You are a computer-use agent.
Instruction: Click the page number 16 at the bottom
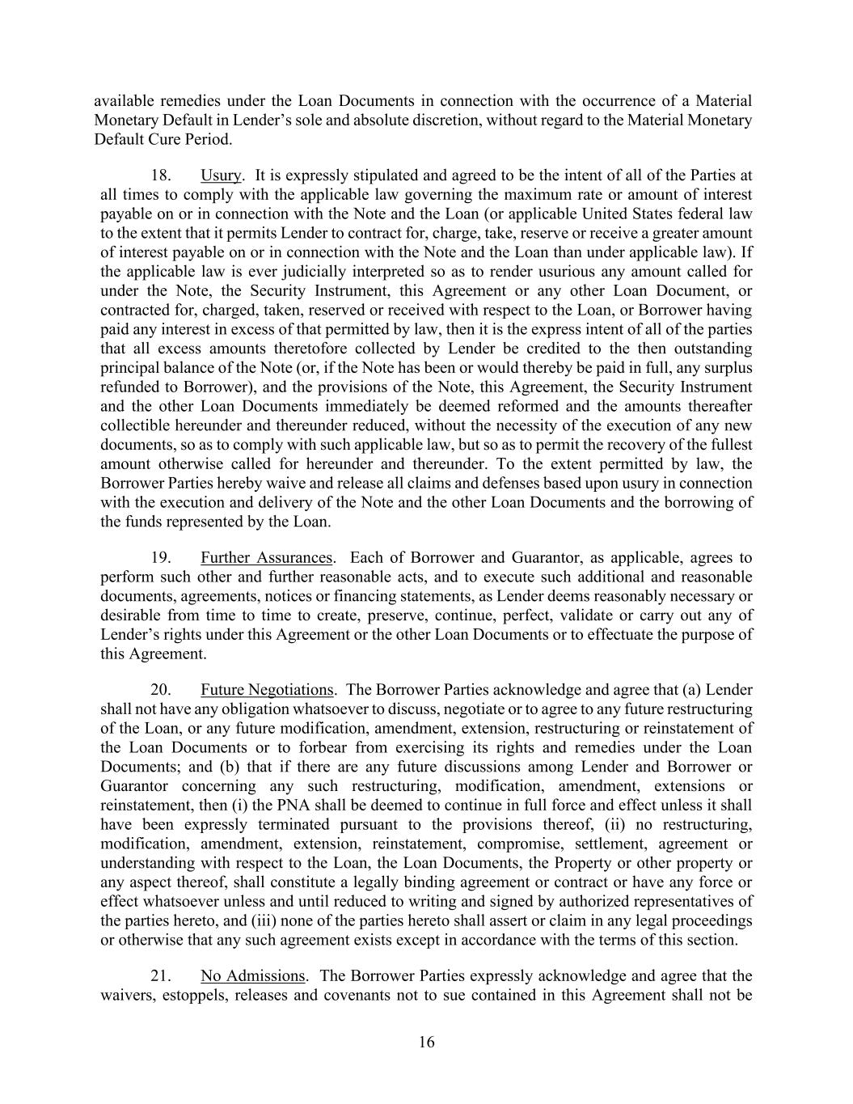426,1043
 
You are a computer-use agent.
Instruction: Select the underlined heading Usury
221,176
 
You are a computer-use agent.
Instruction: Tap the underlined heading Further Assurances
267,558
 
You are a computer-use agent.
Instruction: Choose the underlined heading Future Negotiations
267,690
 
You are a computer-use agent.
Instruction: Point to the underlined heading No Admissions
253,975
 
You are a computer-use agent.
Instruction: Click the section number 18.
161,176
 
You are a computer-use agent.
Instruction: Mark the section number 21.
161,975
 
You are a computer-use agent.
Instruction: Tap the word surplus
726,368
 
